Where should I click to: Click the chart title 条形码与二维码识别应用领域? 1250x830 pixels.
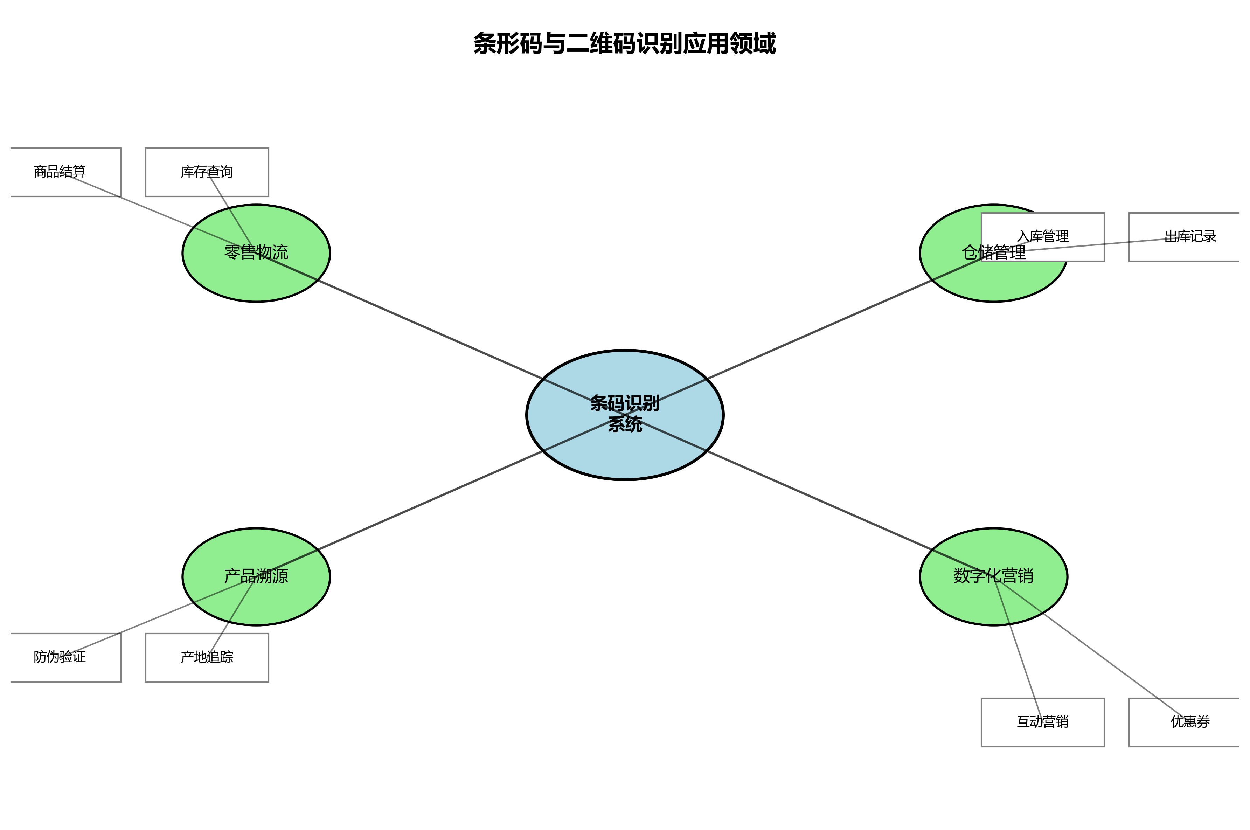click(624, 43)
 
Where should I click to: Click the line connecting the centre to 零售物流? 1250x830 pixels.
click(429, 329)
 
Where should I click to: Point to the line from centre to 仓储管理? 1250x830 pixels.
click(820, 329)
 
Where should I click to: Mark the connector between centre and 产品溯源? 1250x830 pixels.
click(429, 501)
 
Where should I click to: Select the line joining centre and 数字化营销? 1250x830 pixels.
click(820, 501)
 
